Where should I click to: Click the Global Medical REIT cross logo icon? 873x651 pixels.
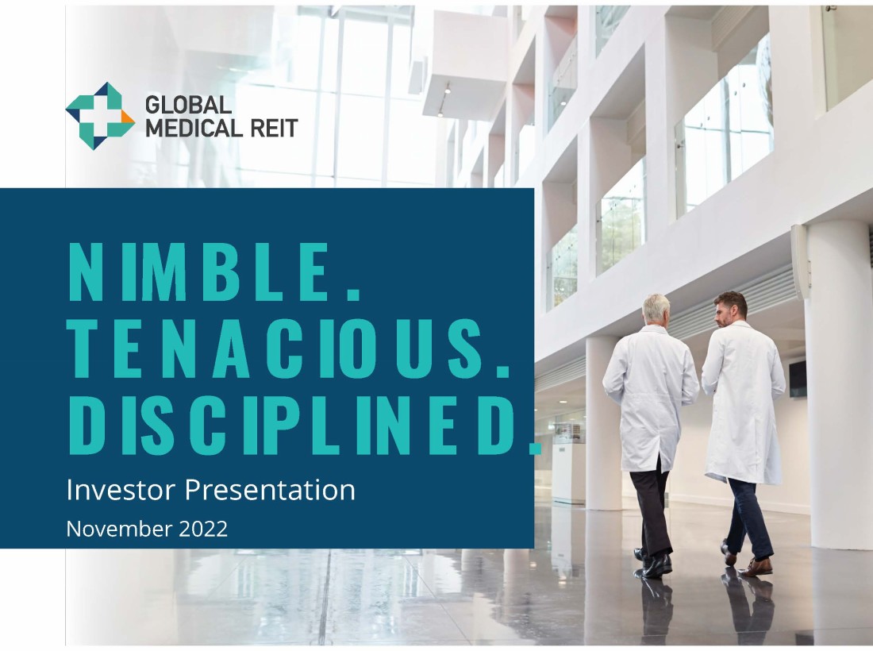(100, 116)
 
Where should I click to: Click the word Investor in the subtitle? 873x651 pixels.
(121, 490)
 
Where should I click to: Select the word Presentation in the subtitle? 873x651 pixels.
(270, 491)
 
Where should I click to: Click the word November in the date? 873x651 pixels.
(119, 529)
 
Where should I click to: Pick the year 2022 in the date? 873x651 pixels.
(203, 529)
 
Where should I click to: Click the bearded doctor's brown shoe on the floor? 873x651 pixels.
(756, 568)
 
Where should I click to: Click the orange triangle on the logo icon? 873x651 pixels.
(128, 117)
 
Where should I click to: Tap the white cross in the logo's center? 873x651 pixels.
(99, 116)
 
